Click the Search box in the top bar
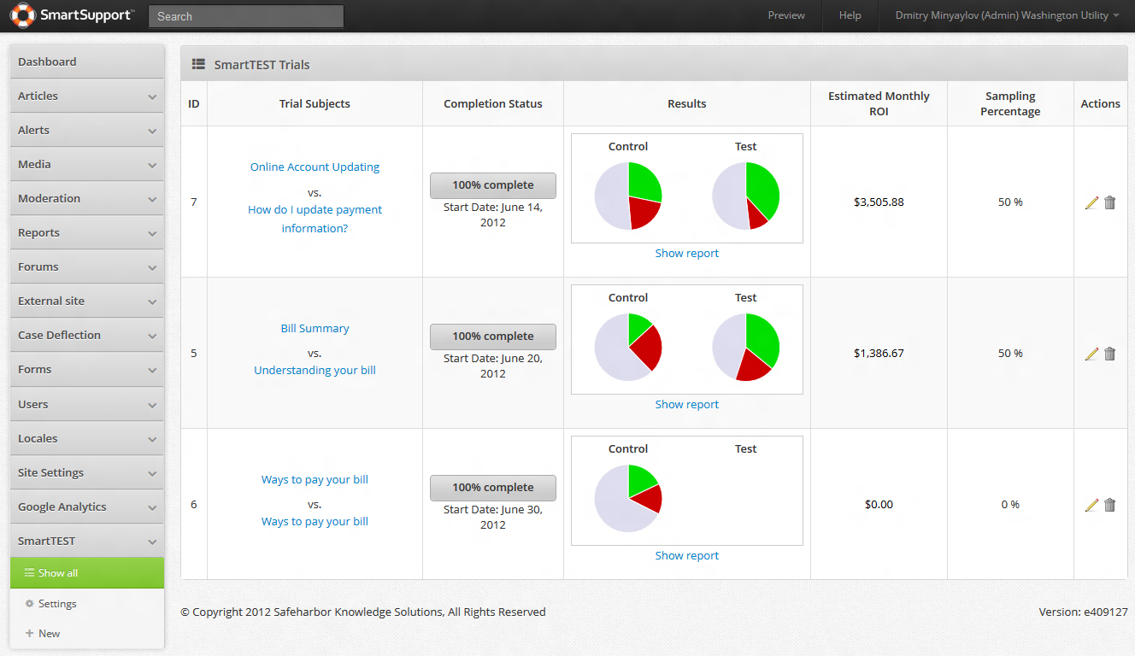click(x=245, y=16)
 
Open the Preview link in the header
click(x=786, y=15)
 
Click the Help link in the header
click(x=850, y=15)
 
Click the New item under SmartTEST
click(x=49, y=634)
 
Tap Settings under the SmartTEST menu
click(x=57, y=604)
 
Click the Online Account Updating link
click(x=315, y=167)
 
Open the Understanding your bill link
click(x=315, y=370)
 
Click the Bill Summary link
click(x=315, y=328)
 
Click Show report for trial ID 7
click(x=686, y=253)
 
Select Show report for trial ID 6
click(x=686, y=555)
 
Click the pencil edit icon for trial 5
click(x=1091, y=354)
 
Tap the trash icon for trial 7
click(x=1109, y=202)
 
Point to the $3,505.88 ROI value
click(x=878, y=202)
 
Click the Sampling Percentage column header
click(x=1010, y=103)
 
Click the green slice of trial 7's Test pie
click(x=762, y=189)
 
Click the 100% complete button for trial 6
click(x=492, y=488)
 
